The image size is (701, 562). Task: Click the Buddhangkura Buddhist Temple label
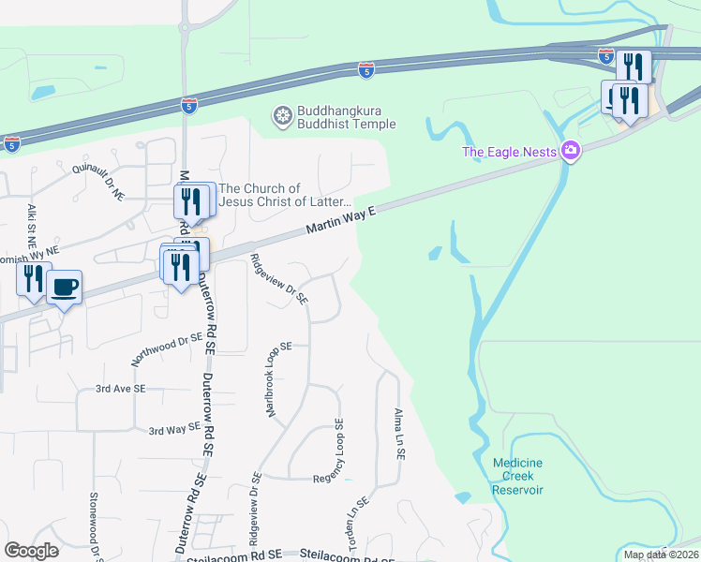click(x=347, y=117)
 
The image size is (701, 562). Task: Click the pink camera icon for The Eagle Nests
click(x=570, y=152)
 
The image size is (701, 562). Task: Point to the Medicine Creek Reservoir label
click(x=517, y=476)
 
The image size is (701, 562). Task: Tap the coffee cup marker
click(x=64, y=287)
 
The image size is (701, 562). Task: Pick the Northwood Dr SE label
click(x=168, y=348)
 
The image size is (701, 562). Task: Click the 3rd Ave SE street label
click(x=121, y=388)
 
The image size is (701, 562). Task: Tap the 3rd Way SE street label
click(x=175, y=428)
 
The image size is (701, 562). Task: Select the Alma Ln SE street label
click(x=399, y=433)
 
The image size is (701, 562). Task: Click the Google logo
click(x=31, y=551)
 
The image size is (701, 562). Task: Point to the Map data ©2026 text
click(x=660, y=555)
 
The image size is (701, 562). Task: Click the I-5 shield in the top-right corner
click(x=607, y=55)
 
